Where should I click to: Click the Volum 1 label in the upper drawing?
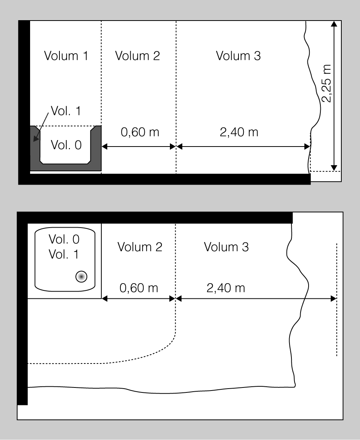point(66,56)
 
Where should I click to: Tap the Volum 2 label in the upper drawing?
point(138,56)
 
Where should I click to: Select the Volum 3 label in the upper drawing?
point(238,56)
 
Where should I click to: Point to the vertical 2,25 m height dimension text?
point(326,83)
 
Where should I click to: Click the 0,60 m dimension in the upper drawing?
point(140,132)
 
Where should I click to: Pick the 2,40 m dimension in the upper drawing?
point(239,132)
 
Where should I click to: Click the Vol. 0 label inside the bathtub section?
point(66,145)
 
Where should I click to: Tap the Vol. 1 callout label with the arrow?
point(66,111)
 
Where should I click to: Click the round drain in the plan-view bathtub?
point(82,277)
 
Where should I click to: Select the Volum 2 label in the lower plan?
point(140,247)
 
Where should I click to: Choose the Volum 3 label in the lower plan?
point(226,247)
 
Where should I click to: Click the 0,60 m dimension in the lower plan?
point(139,288)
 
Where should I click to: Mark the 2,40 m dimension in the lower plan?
point(226,288)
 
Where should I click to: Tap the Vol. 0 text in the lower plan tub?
point(64,239)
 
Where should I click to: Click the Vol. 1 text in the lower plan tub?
point(64,254)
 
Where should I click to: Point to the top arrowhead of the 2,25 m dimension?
point(334,24)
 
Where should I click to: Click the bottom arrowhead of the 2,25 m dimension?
point(334,168)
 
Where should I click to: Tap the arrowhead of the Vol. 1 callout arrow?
point(35,138)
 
